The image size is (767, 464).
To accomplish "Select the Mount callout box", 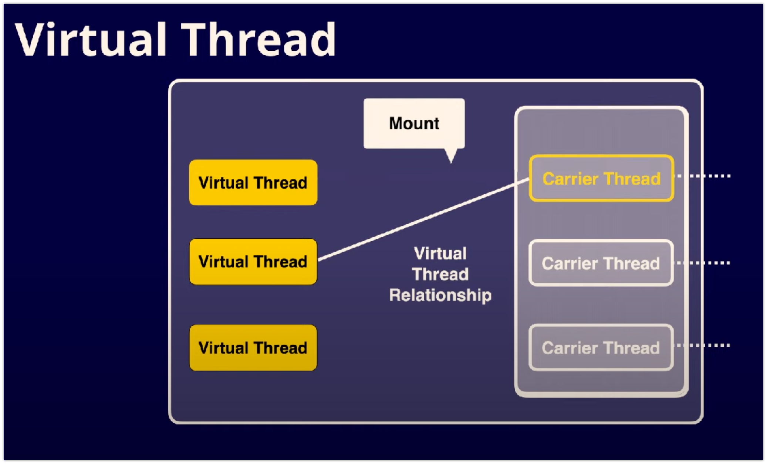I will click(x=414, y=123).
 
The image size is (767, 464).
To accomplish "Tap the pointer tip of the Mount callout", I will click(x=451, y=160).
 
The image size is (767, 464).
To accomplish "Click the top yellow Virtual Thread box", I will click(x=253, y=182).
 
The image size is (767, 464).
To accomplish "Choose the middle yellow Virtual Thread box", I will click(x=253, y=262).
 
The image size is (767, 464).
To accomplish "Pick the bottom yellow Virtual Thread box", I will click(x=253, y=348).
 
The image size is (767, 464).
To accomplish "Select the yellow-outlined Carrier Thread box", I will click(x=601, y=179).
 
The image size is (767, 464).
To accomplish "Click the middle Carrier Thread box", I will click(x=601, y=263).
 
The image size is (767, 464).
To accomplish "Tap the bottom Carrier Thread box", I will click(x=601, y=347).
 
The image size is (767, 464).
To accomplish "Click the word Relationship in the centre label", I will click(x=440, y=295).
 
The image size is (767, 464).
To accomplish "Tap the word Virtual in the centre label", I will click(x=440, y=254).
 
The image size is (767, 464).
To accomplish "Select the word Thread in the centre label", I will click(x=440, y=275).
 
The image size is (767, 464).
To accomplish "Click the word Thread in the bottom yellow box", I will click(x=280, y=348).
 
